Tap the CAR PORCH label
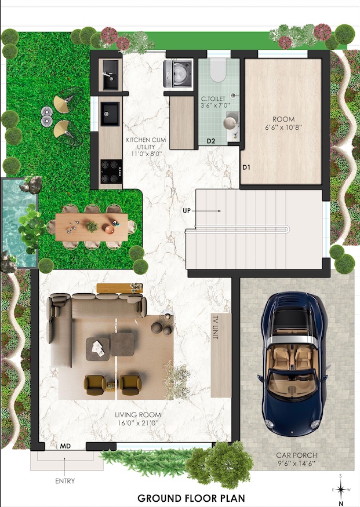point(296,459)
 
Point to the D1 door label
point(246,167)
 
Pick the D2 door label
point(212,141)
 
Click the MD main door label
point(66,447)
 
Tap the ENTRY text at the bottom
point(64,480)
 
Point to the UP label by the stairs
point(187,210)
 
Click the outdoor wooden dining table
point(92,225)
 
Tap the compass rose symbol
point(341,490)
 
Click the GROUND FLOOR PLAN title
point(191,498)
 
